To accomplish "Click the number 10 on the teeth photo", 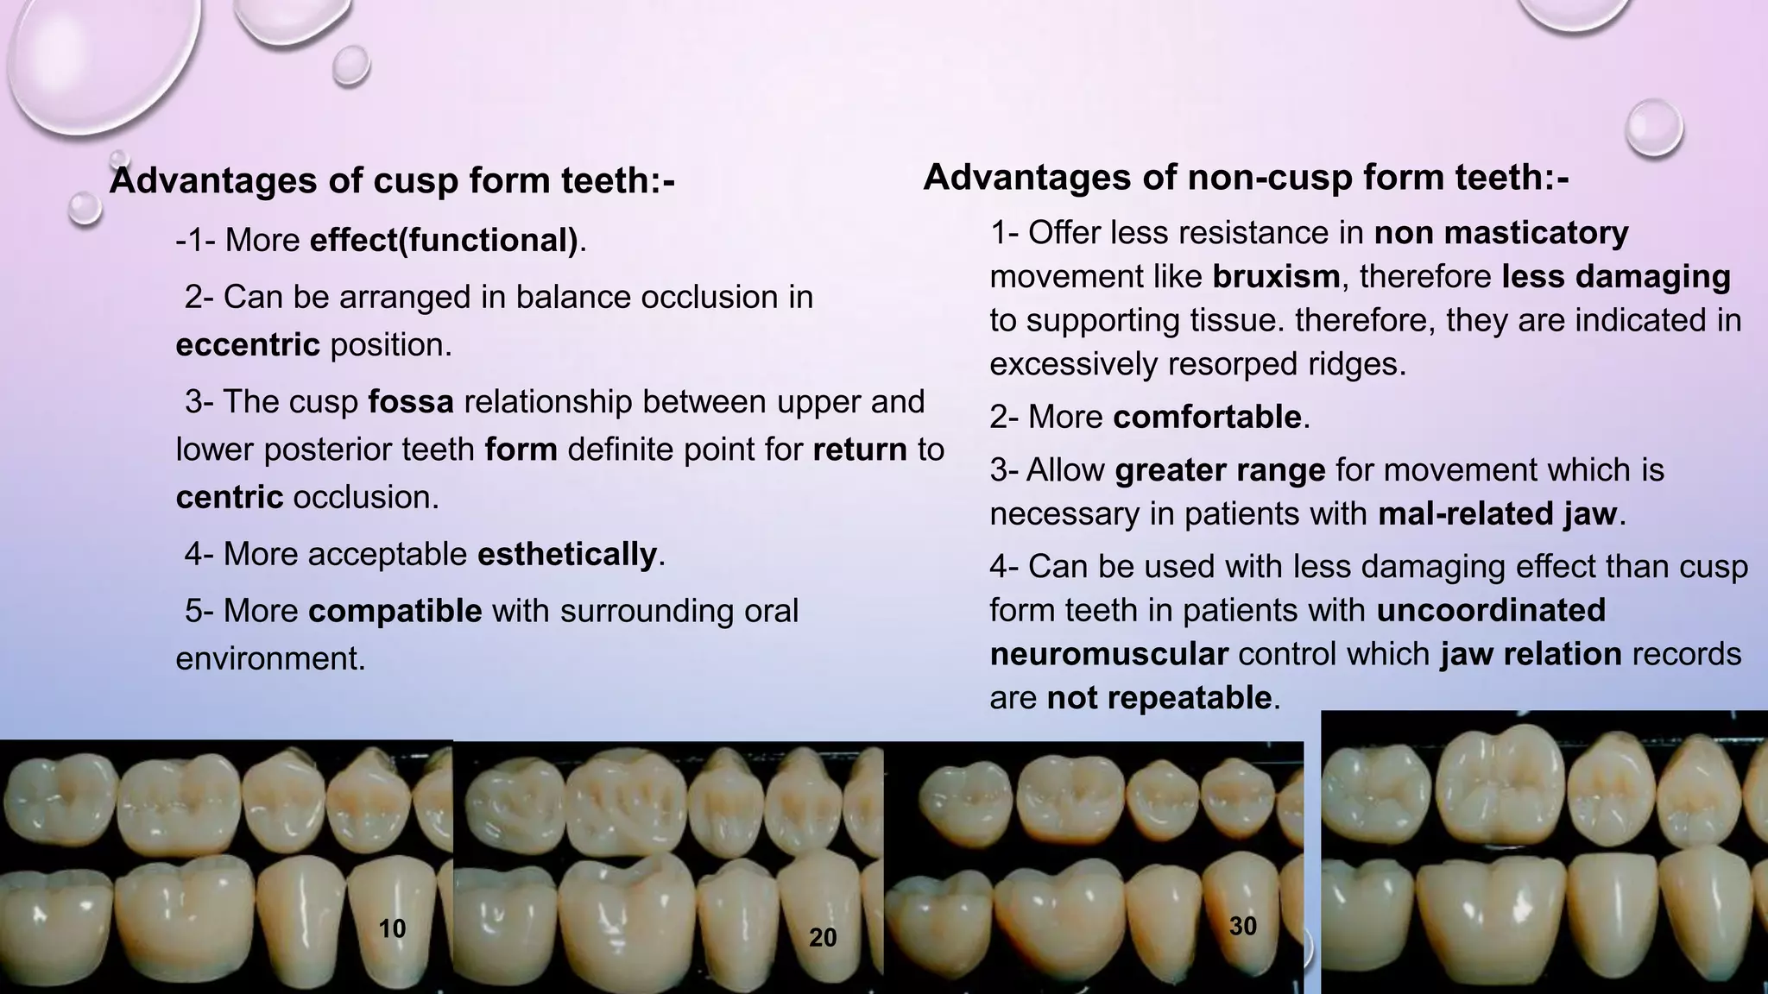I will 392,929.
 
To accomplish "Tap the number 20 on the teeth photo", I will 823,938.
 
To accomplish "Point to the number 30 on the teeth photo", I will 1242,927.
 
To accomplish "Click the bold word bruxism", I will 1276,277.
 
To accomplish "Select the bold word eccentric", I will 248,345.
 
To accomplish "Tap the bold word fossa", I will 411,402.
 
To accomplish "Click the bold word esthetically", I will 567,554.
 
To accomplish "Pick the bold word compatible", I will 395,611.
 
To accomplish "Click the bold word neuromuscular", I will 1108,654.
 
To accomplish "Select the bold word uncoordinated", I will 1491,610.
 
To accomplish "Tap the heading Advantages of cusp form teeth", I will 392,180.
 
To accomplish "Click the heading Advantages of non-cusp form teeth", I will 1246,178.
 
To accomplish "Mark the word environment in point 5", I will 270,658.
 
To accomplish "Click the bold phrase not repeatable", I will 1159,698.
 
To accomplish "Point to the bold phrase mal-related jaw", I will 1497,514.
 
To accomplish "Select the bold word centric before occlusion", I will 230,498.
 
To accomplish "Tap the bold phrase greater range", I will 1220,470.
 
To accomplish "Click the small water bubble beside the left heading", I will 85,208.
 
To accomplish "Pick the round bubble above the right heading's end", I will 1653,128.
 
